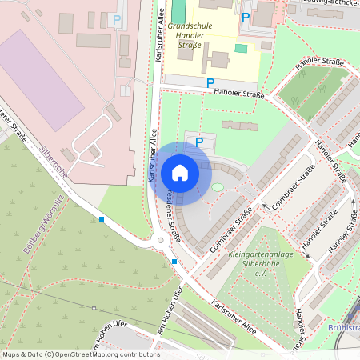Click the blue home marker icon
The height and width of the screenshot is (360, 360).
[180, 172]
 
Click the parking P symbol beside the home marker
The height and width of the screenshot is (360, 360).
[199, 142]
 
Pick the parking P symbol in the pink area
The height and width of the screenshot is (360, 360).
[118, 20]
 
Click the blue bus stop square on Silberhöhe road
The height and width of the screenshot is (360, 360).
[102, 218]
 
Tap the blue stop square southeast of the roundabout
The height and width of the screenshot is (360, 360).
[174, 261]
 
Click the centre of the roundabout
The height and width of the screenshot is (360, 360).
[160, 239]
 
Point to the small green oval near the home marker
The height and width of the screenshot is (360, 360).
[217, 186]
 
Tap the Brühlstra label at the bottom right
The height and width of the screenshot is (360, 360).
[344, 327]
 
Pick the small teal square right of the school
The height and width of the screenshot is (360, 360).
[241, 48]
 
